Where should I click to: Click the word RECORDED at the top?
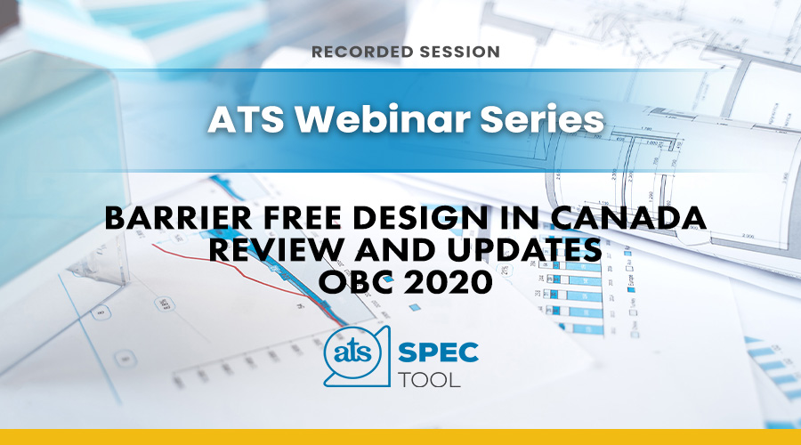[x=363, y=52]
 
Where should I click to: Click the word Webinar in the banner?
[x=383, y=119]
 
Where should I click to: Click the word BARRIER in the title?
[x=178, y=218]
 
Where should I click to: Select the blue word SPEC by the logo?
[x=438, y=352]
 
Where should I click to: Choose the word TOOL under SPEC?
[x=429, y=380]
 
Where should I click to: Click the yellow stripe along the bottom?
[x=400, y=437]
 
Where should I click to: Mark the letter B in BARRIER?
[x=115, y=218]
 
